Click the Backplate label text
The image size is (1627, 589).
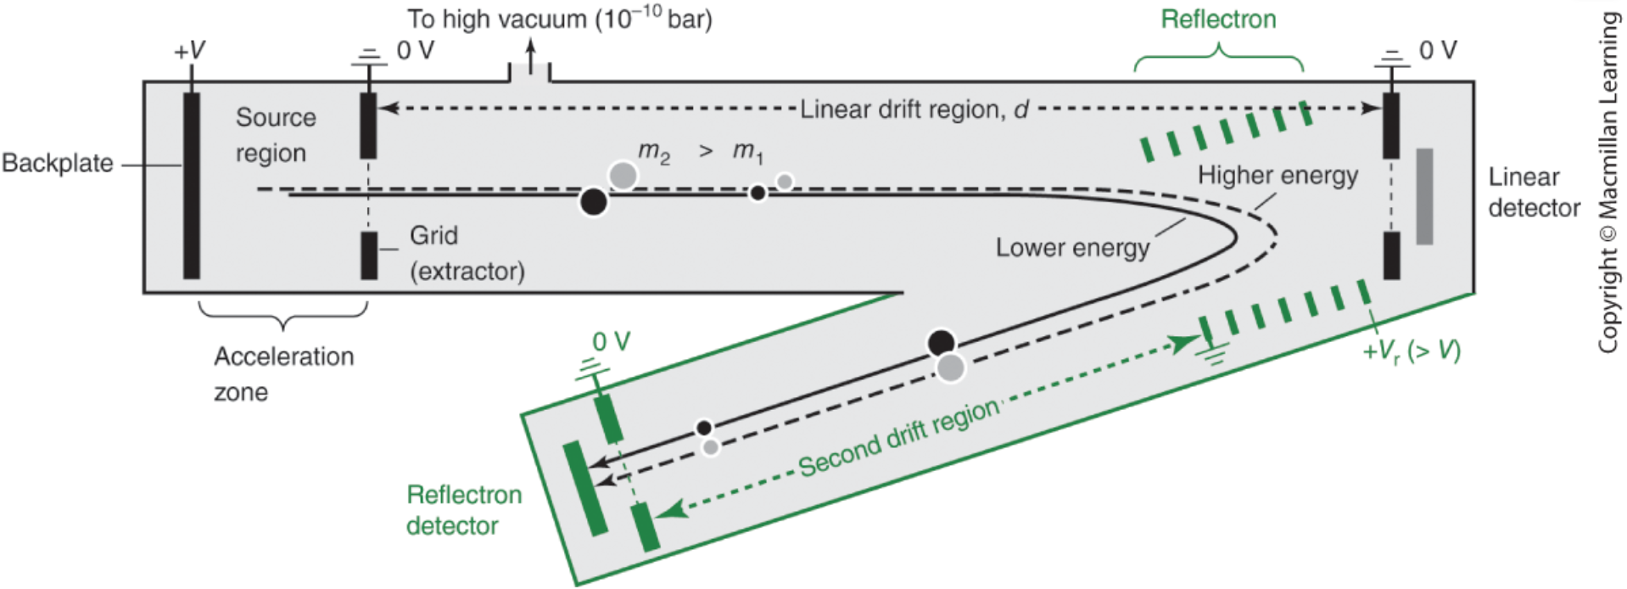point(58,163)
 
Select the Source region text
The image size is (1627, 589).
point(275,134)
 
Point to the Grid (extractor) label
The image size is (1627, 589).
point(466,253)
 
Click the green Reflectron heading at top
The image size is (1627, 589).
point(1218,20)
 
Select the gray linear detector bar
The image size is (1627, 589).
point(1424,196)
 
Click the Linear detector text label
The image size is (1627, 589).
point(1534,192)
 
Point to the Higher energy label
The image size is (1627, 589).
point(1278,176)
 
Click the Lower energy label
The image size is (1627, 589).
point(1072,248)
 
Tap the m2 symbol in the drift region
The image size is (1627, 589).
point(654,152)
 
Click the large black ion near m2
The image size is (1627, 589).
point(594,202)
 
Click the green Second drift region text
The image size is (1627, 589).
point(899,438)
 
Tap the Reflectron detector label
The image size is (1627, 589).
point(463,510)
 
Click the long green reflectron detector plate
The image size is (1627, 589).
point(585,488)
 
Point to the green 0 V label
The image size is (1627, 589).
point(611,342)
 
